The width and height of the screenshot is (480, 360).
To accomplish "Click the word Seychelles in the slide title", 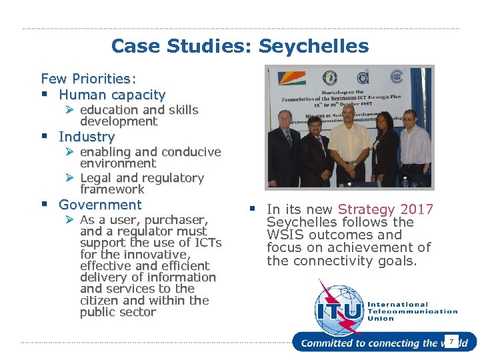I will click(313, 46).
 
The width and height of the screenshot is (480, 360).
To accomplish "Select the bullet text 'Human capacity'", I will click(112, 95).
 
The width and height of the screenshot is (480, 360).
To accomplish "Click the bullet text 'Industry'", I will click(87, 137).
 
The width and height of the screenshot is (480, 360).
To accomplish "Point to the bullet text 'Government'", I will click(100, 205).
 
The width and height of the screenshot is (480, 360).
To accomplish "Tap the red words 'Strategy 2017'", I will click(385, 209).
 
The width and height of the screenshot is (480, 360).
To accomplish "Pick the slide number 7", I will click(451, 342).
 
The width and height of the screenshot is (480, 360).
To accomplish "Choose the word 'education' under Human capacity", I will click(109, 109).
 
